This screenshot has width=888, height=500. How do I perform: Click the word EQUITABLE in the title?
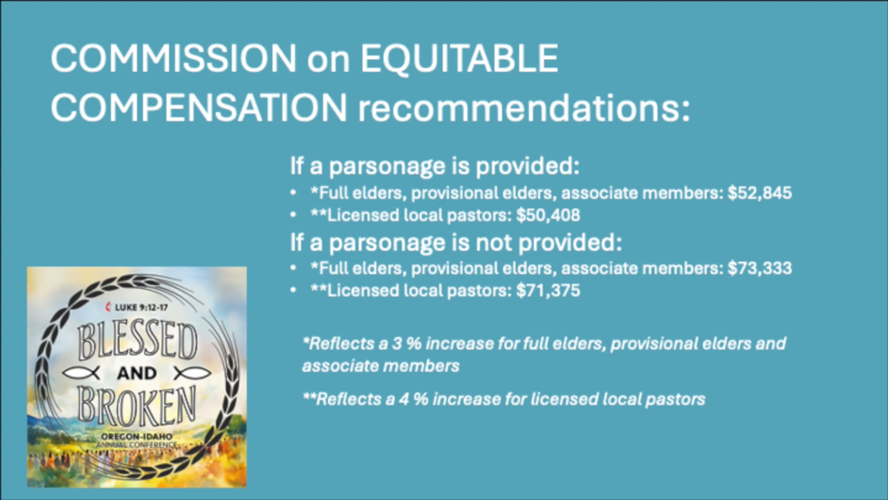(x=459, y=59)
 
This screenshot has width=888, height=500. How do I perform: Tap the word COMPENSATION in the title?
(x=199, y=107)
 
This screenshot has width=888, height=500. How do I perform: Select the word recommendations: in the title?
(x=524, y=108)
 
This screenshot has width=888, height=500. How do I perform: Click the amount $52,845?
(x=760, y=193)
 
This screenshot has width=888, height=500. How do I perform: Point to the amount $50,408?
(x=548, y=215)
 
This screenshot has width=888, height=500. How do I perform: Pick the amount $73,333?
(x=760, y=268)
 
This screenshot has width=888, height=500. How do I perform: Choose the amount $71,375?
(x=548, y=290)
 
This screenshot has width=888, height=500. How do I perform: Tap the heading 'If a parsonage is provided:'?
(x=434, y=166)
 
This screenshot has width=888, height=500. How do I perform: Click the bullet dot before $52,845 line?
(x=293, y=193)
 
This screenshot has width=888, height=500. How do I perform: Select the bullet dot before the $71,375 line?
(x=293, y=290)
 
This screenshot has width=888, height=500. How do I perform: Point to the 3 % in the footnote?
(x=406, y=344)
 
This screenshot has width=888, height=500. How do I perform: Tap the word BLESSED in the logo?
(x=137, y=341)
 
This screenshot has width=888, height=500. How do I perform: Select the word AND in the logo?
(x=137, y=373)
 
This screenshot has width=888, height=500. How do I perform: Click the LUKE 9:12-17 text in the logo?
(x=141, y=307)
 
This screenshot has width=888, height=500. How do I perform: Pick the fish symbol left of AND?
(x=81, y=373)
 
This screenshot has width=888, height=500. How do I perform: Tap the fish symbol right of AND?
(x=192, y=373)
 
